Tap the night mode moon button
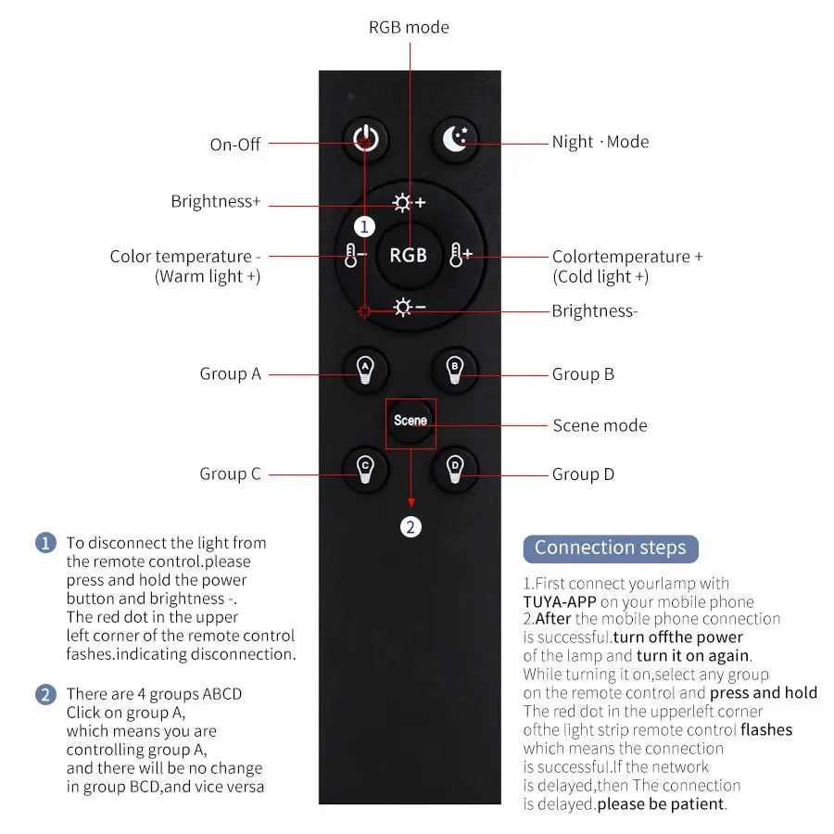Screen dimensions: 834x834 [455, 139]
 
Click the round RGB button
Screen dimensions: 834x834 [408, 255]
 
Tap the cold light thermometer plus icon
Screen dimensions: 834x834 [461, 255]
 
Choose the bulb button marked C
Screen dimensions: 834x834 [365, 469]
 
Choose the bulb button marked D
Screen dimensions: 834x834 [454, 469]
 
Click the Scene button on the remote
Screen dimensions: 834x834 [411, 421]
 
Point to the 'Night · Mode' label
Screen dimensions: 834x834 [600, 142]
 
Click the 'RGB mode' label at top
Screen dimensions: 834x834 [409, 27]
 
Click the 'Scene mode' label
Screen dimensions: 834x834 [600, 425]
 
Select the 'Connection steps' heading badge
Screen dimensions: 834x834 [610, 548]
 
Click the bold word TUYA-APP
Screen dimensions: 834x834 [559, 601]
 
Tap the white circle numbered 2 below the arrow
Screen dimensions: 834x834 [411, 527]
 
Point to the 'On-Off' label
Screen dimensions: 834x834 [235, 145]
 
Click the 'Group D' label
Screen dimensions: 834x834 [583, 474]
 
